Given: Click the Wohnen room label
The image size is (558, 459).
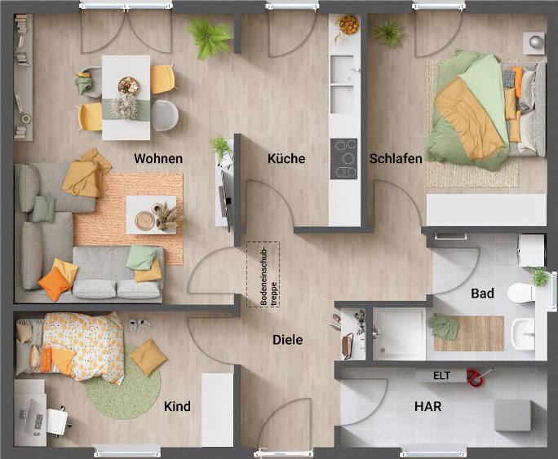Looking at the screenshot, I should (x=158, y=158).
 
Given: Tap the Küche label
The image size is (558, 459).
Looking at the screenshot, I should (x=286, y=158).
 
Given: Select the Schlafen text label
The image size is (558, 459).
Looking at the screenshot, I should (x=396, y=158).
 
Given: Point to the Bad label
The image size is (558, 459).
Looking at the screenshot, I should (x=482, y=293).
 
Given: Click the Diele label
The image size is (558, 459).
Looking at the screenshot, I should (x=287, y=339).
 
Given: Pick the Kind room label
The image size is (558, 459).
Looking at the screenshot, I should (x=177, y=406).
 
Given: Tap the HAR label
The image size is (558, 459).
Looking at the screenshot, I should (x=428, y=405).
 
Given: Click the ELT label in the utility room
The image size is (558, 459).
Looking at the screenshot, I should (x=441, y=376).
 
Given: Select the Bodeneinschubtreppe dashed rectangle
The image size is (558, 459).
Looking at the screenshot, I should (x=263, y=274).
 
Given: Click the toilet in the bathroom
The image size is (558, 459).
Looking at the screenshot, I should (x=522, y=293).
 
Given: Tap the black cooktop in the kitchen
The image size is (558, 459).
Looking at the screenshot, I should (x=343, y=158).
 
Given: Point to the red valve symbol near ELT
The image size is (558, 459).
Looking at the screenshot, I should (x=475, y=376).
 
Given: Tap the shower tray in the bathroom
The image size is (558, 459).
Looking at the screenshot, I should (x=399, y=334).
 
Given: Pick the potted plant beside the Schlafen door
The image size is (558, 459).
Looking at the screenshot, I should (x=389, y=33).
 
